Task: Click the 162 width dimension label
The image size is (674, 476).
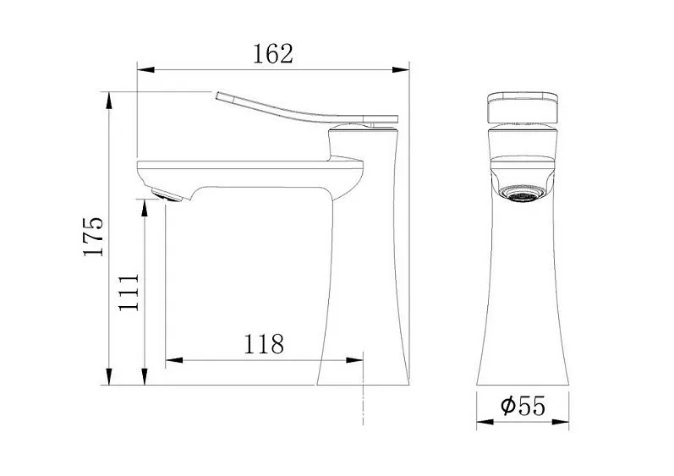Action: coord(273,54)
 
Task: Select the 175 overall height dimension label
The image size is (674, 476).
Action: coord(95,237)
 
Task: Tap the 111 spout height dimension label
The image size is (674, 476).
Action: coord(129,293)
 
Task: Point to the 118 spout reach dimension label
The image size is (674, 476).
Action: coord(264,345)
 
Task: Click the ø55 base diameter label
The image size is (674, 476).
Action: coord(522,407)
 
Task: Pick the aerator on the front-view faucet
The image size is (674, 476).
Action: coord(523,194)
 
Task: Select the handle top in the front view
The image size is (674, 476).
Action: coord(522,107)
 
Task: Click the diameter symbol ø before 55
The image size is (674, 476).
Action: coord(507,407)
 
